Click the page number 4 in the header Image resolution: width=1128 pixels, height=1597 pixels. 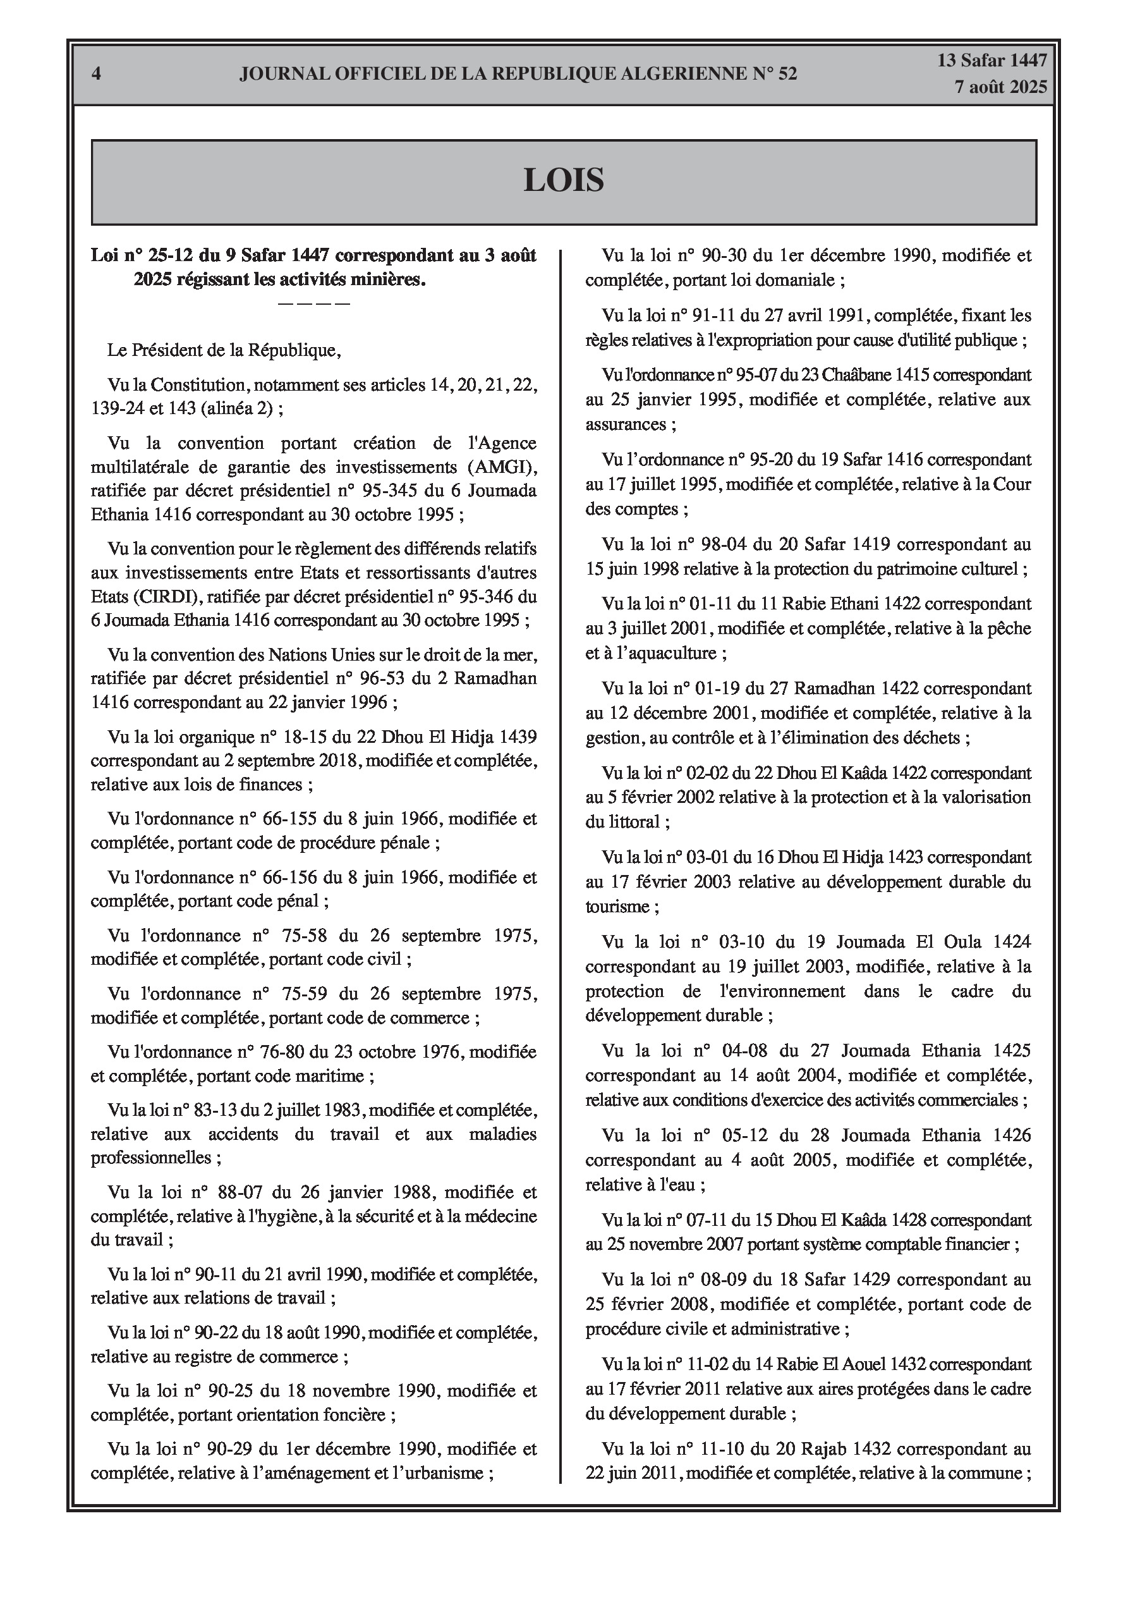96,74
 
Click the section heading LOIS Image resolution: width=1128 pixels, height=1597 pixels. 563,181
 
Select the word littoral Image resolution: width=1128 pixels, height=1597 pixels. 631,822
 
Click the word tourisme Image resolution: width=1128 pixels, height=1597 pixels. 617,907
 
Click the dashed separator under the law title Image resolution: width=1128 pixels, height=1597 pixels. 313,304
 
